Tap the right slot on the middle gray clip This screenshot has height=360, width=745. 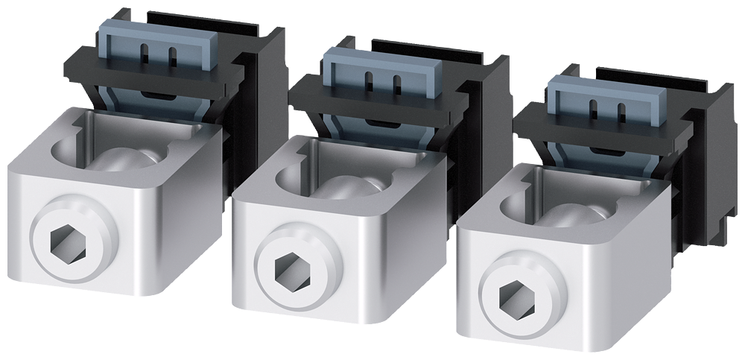click(x=395, y=81)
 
